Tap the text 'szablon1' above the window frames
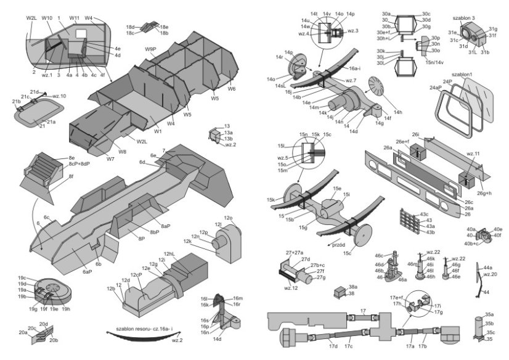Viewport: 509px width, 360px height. coord(462,75)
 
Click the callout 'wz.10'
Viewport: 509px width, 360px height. coord(59,96)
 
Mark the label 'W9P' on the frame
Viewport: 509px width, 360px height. coord(150,48)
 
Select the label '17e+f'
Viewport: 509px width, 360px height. coord(397,298)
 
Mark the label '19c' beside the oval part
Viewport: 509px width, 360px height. coord(22,277)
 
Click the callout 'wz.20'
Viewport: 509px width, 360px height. coord(491,275)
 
